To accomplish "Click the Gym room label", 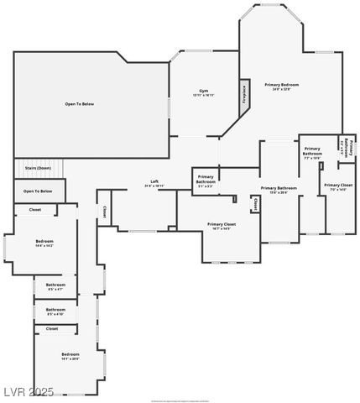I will click(203, 90).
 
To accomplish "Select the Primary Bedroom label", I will click(282, 85).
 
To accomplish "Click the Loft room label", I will click(154, 181).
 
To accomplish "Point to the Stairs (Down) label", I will click(39, 168).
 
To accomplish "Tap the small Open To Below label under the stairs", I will click(39, 191).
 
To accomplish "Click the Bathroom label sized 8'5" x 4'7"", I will click(55, 285).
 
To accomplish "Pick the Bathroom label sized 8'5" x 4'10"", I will click(55, 310).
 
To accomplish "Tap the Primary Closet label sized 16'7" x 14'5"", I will click(222, 224).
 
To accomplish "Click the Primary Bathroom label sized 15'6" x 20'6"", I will click(279, 188).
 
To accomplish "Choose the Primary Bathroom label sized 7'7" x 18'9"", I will click(312, 151).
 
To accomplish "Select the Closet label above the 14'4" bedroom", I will click(35, 210).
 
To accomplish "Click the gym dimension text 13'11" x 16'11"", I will click(203, 95).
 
